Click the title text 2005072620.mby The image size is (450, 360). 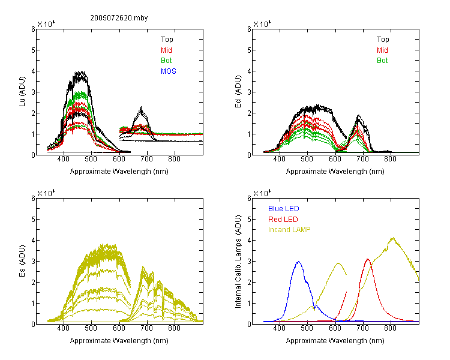(119, 18)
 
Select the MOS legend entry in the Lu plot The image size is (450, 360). (169, 71)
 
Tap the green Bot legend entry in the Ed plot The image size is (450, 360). (382, 61)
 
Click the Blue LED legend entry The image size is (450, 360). (284, 209)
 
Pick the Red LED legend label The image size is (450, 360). (283, 220)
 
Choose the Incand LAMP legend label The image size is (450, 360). (289, 230)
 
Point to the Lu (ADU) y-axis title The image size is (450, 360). (22, 92)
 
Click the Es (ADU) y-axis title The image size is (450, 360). (22, 261)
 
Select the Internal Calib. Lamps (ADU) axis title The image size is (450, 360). (238, 262)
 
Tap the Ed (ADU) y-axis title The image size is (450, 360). (238, 92)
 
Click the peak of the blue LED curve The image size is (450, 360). (299, 262)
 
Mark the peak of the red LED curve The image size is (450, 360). (368, 259)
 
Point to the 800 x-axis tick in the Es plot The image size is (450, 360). (174, 328)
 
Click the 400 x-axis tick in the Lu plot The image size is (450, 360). (64, 159)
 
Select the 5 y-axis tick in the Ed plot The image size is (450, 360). (249, 50)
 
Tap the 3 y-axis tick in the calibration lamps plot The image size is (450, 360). (249, 261)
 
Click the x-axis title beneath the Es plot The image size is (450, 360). (119, 341)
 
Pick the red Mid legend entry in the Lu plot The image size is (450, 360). (166, 50)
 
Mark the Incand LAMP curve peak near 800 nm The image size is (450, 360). (392, 238)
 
